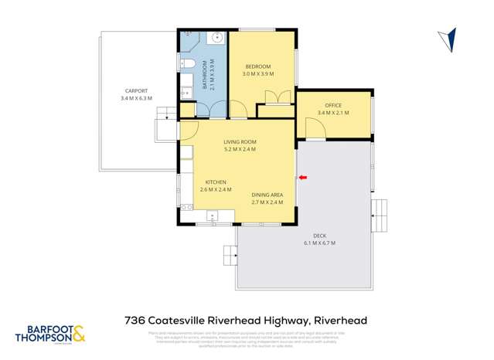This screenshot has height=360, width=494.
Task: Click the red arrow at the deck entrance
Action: (303, 178)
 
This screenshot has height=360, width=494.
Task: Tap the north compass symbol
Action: (448, 39)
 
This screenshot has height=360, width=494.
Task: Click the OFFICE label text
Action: (333, 105)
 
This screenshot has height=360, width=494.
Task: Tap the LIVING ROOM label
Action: (240, 141)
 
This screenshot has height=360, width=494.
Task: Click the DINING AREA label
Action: (267, 194)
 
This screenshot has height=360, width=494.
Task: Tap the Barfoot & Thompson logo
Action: (50, 335)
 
